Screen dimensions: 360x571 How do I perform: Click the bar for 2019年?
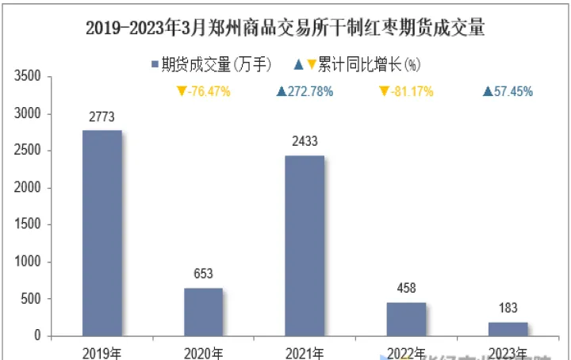[102, 233]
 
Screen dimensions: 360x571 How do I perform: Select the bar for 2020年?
[204, 312]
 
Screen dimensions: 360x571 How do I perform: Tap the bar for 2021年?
[305, 246]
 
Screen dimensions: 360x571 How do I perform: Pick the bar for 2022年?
[406, 319]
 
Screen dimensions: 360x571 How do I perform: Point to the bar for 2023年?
[508, 329]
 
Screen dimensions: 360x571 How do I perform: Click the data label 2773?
[102, 117]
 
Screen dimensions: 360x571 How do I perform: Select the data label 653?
[204, 274]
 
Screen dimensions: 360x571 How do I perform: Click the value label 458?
[406, 289]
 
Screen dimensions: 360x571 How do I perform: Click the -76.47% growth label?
[204, 91]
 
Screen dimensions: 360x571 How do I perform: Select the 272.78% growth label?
[305, 91]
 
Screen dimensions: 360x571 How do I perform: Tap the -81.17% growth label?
[406, 91]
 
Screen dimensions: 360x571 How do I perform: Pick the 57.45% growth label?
[508, 91]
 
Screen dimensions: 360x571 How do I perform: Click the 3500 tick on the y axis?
[28, 77]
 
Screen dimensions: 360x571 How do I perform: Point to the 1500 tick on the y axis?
[28, 225]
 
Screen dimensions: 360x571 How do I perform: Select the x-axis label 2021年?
[305, 351]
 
